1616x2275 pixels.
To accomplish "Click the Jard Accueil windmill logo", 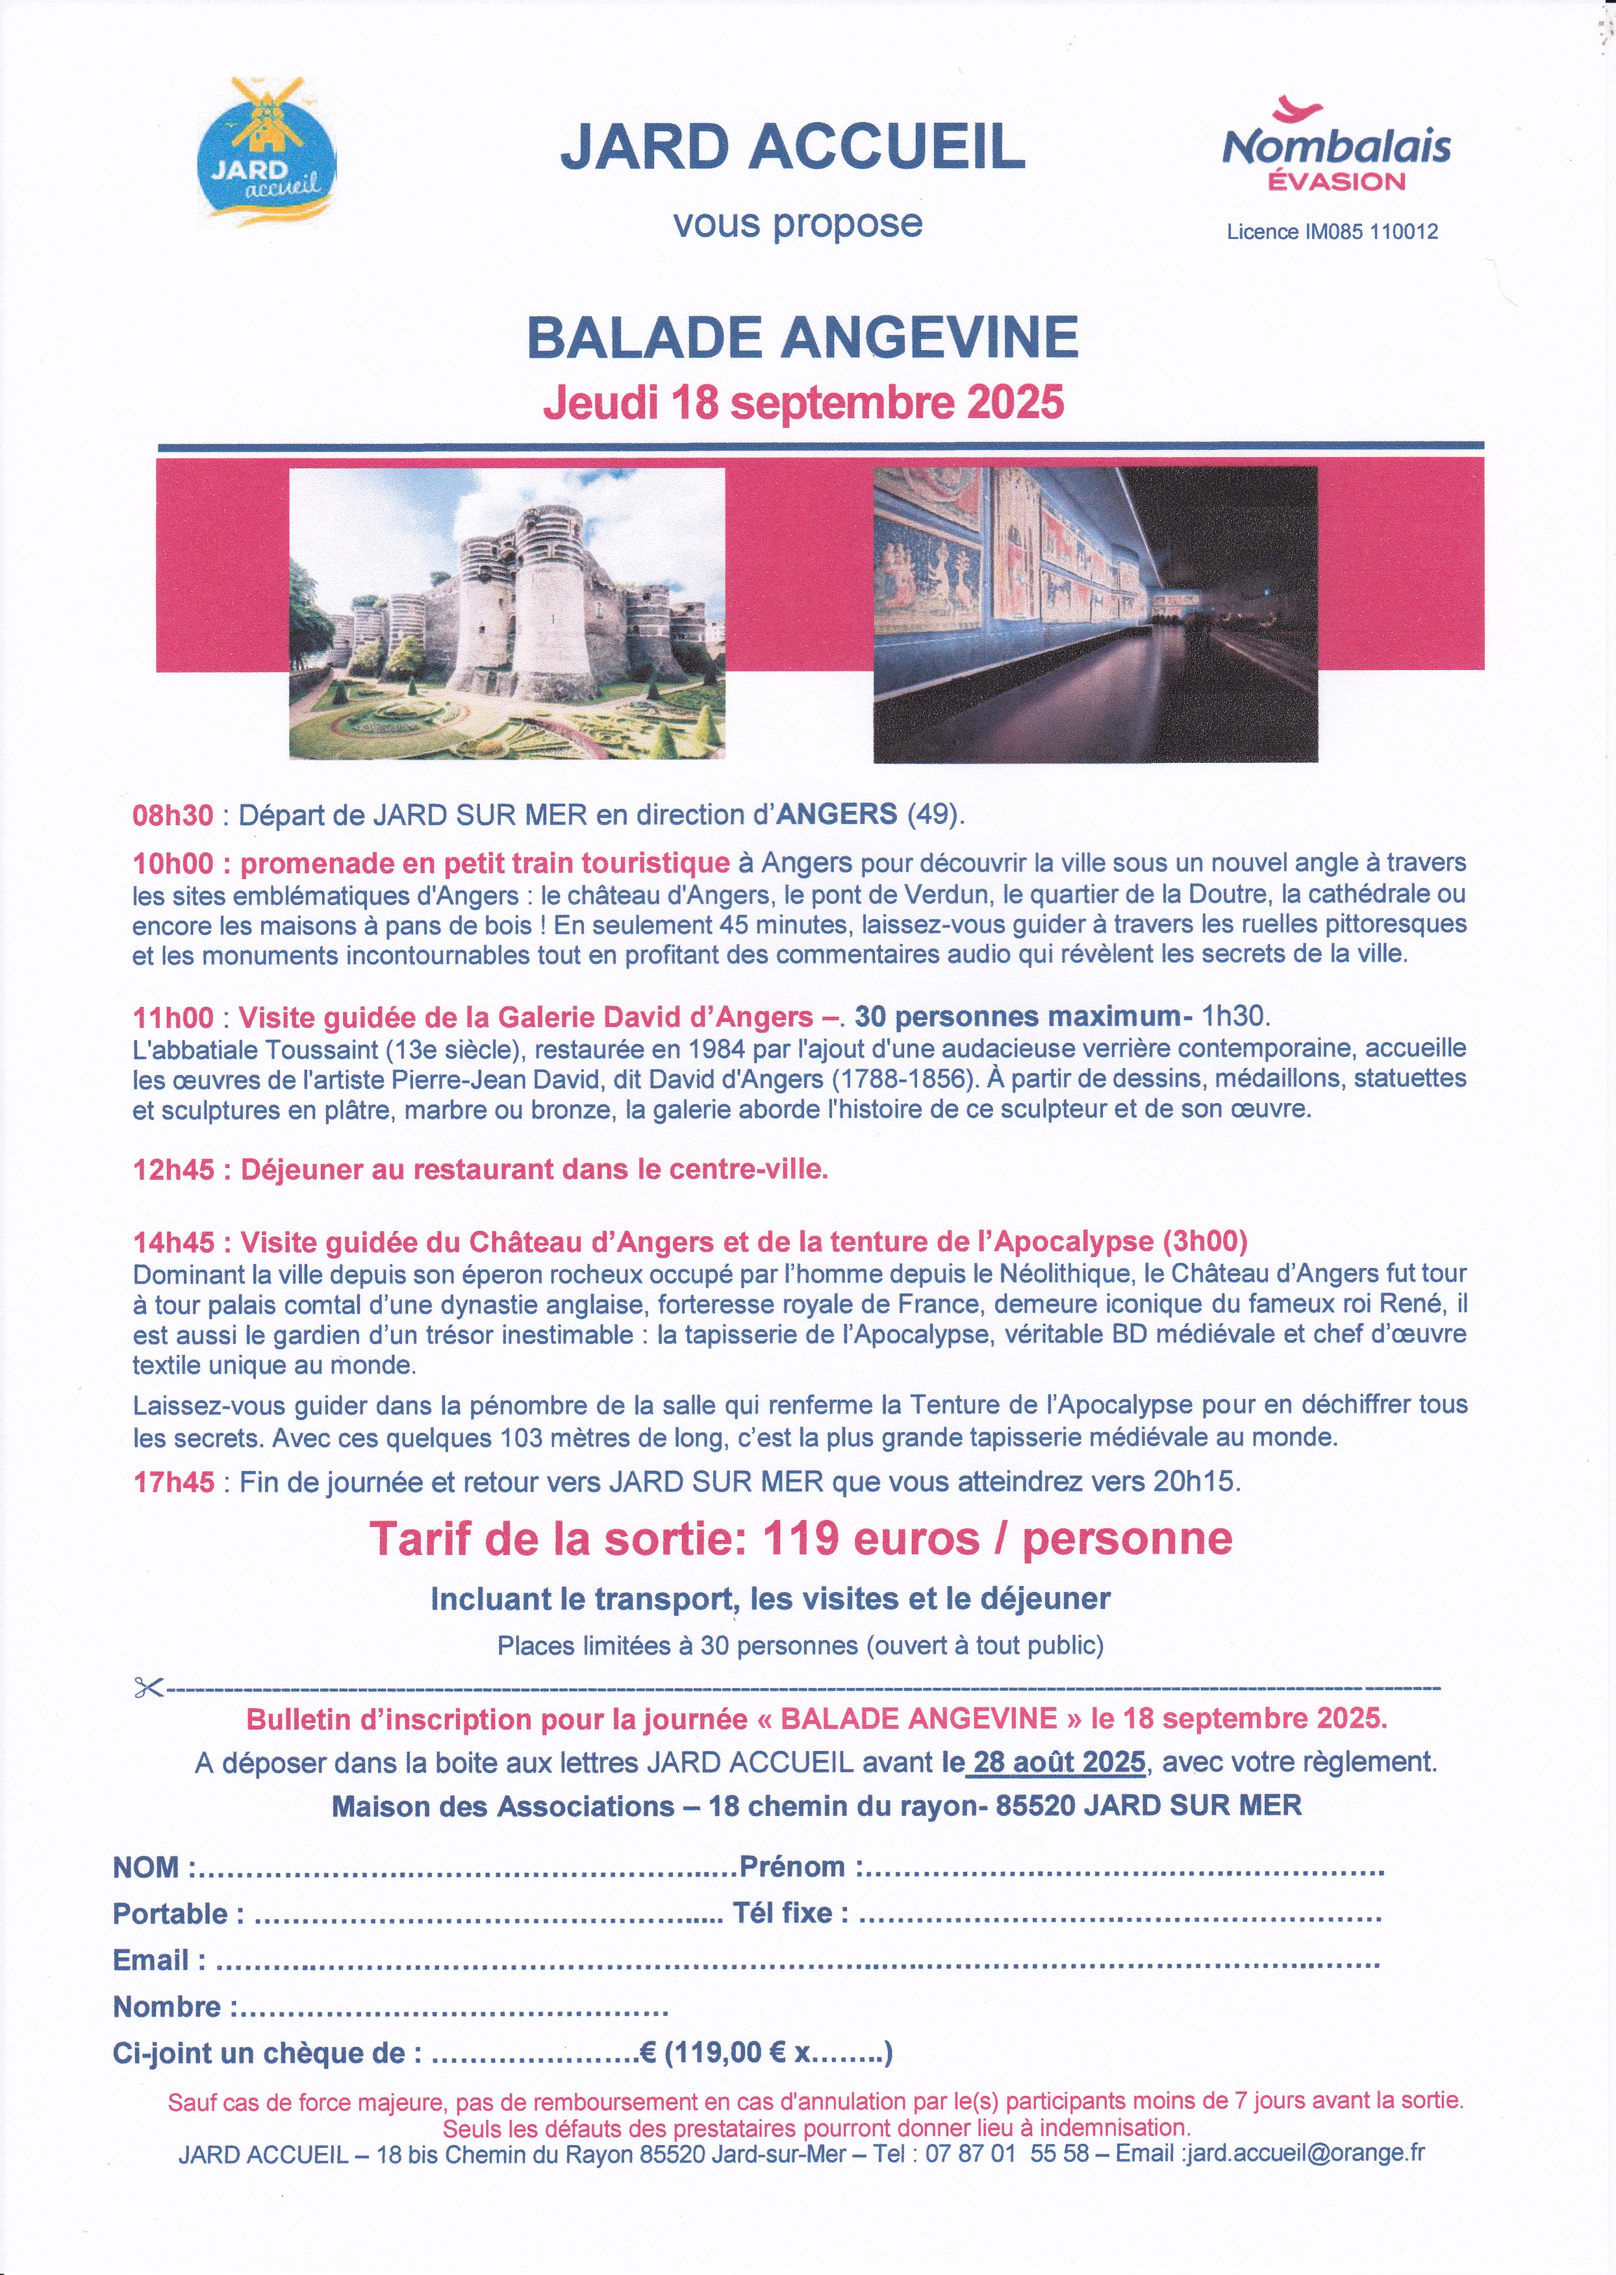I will click(269, 149).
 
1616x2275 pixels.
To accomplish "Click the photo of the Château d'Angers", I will click(507, 614).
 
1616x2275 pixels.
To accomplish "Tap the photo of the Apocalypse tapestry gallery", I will click(1094, 614).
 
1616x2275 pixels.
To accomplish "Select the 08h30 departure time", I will click(173, 815).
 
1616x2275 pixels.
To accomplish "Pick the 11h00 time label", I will click(173, 1017).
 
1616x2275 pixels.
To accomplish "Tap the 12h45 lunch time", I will click(173, 1169).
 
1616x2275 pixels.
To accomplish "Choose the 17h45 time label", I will click(173, 1482).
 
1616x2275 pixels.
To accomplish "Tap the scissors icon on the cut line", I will click(148, 1688).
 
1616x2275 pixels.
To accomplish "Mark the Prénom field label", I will click(792, 1867).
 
